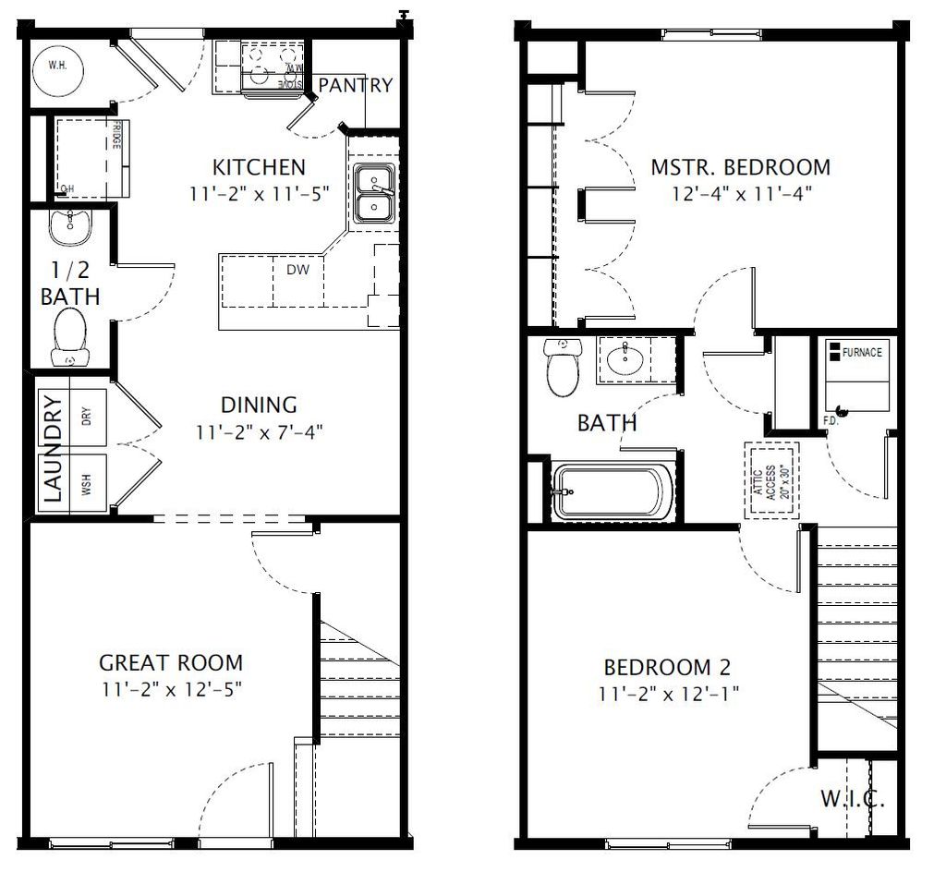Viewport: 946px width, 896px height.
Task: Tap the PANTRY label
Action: (356, 85)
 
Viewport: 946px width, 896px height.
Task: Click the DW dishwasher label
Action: (297, 270)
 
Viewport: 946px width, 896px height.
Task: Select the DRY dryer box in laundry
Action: (86, 416)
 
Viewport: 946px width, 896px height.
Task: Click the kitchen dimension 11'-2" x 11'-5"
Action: (258, 193)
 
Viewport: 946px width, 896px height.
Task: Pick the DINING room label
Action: (259, 405)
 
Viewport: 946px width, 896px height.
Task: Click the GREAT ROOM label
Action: (171, 662)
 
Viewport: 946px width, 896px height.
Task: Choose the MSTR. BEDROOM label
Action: (740, 167)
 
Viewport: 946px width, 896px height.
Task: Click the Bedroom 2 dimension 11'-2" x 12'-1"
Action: (671, 692)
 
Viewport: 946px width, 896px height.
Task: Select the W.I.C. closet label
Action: (852, 799)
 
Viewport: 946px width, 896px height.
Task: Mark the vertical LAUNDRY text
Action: (53, 449)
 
